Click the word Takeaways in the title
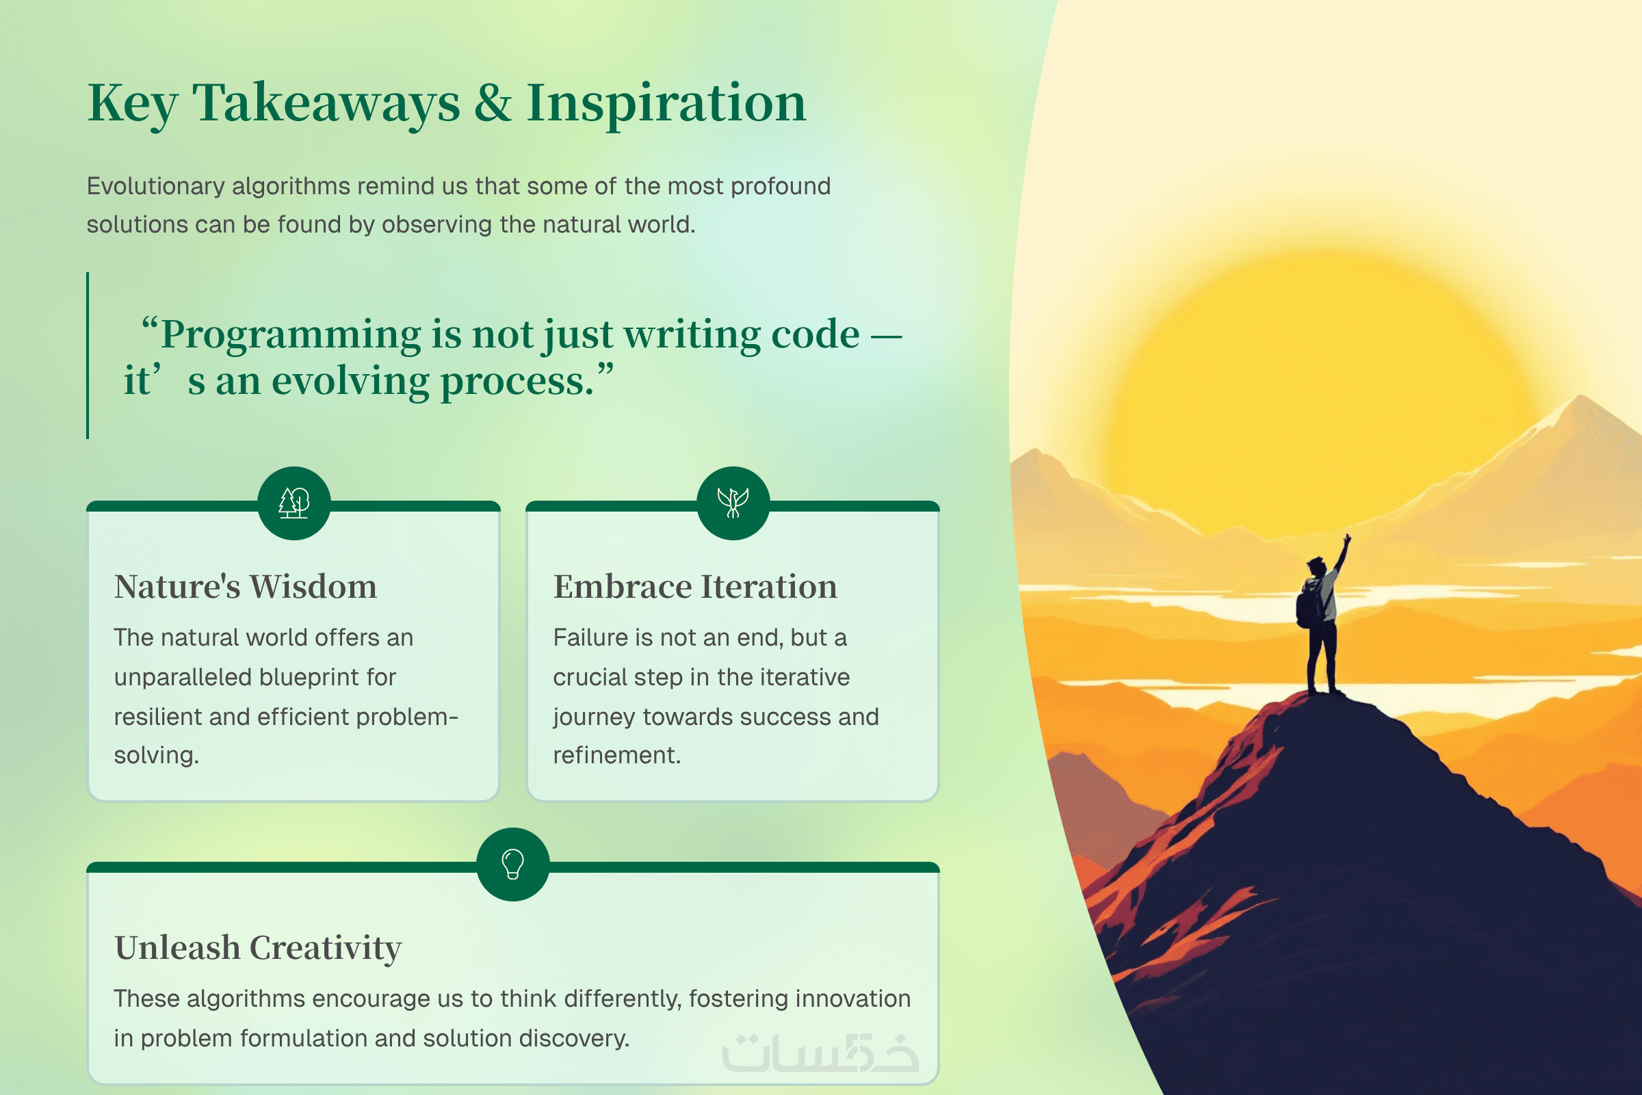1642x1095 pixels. click(326, 103)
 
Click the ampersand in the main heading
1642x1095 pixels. click(493, 103)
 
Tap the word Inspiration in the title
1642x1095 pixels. click(666, 103)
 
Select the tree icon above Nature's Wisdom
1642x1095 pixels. click(294, 503)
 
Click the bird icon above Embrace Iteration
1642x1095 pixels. click(733, 503)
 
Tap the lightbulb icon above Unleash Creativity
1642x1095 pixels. click(512, 864)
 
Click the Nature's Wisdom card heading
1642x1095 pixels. click(246, 587)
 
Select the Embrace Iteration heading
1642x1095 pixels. click(695, 587)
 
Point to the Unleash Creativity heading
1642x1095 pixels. click(258, 949)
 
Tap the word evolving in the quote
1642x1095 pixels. click(350, 383)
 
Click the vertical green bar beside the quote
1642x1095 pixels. click(88, 356)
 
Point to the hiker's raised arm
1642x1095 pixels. click(1341, 555)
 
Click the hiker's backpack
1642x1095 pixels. click(1309, 605)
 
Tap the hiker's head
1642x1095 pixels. click(1316, 566)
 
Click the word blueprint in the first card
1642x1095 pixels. click(315, 677)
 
